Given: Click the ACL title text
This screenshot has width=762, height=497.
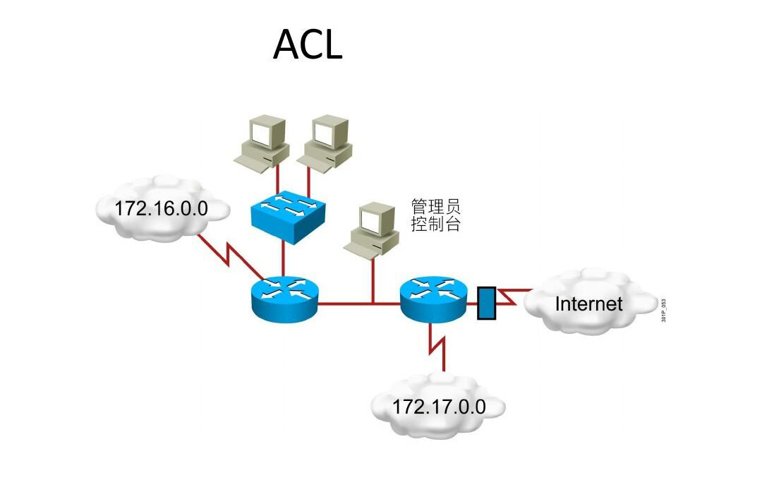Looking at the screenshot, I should point(308,44).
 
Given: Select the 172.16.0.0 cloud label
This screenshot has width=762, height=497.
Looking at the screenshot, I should point(161,208).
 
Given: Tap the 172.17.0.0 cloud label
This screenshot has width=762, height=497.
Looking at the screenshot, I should point(438,407).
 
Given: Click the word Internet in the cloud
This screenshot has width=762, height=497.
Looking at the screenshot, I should point(588,304).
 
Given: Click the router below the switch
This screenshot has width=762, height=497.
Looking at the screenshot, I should point(284,297).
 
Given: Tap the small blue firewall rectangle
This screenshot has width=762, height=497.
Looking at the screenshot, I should point(486,303).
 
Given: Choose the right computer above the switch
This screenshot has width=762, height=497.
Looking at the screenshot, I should point(325,143).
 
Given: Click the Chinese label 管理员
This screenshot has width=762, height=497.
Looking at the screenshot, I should point(435,207).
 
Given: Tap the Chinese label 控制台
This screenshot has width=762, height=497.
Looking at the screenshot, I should point(435,224).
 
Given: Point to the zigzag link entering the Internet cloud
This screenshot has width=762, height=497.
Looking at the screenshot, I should point(514,297).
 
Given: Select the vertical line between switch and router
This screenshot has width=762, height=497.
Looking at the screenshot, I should point(283,259).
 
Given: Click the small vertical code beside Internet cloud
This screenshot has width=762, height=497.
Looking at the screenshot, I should point(664,311).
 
